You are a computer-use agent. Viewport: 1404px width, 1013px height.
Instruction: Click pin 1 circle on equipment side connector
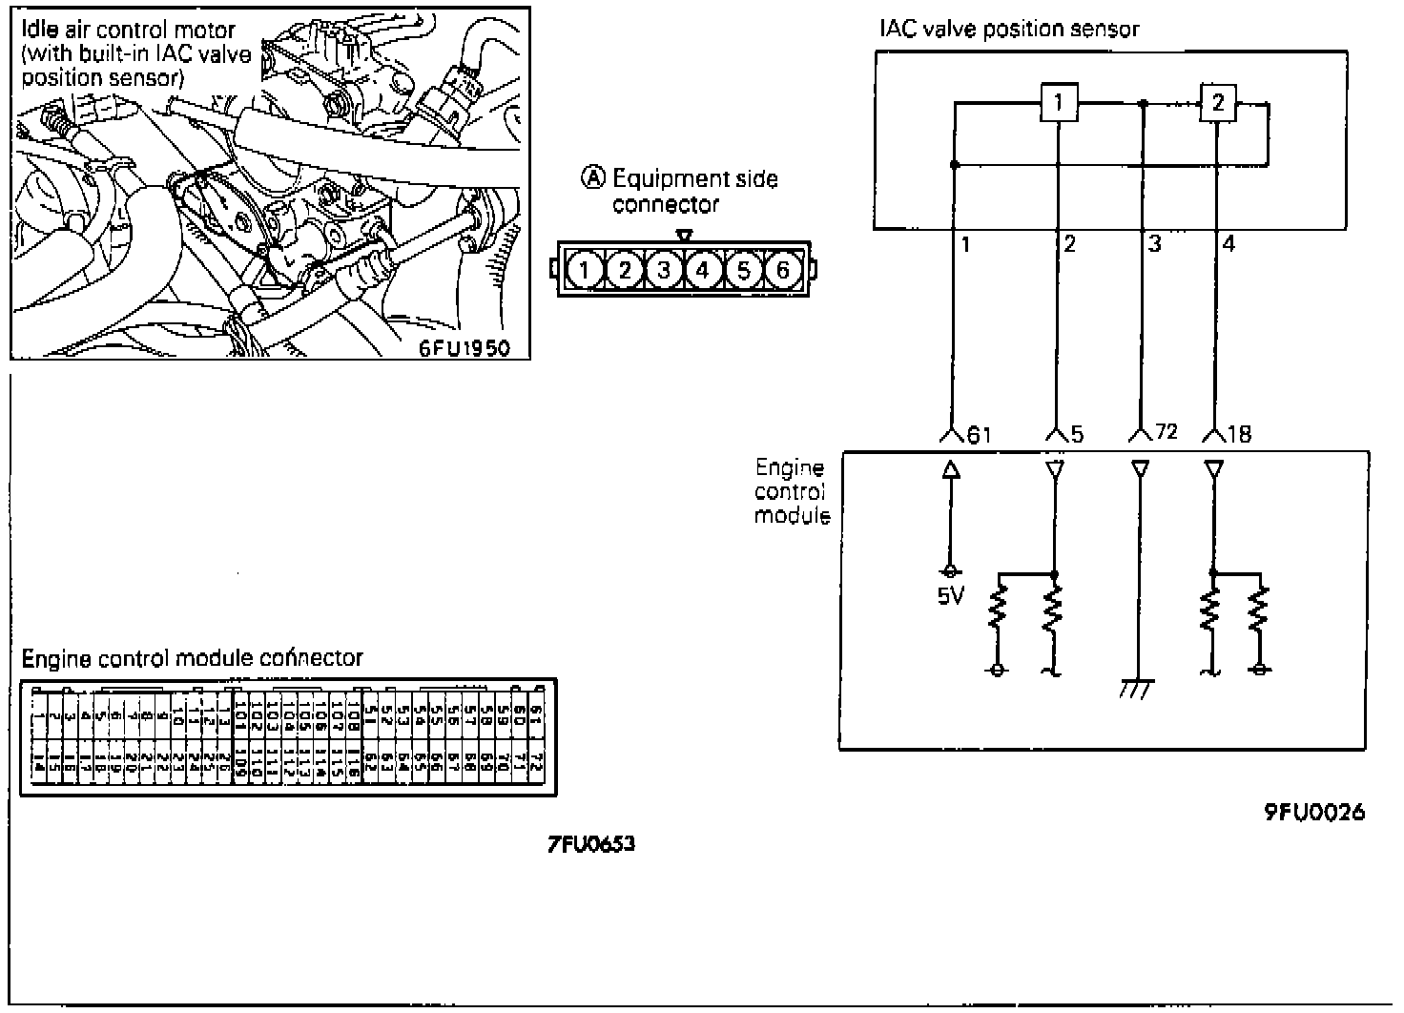(585, 271)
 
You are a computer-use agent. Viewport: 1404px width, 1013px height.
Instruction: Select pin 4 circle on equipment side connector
(703, 271)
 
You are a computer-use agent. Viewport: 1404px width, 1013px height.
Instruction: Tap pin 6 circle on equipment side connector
(782, 271)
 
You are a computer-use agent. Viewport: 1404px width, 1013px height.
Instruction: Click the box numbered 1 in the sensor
(1059, 101)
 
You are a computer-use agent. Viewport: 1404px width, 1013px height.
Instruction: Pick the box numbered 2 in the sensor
(1217, 101)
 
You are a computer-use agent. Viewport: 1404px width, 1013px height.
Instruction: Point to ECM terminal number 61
(980, 435)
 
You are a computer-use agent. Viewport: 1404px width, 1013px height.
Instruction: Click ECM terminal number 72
(1166, 433)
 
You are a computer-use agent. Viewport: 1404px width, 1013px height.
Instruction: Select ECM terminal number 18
(1239, 435)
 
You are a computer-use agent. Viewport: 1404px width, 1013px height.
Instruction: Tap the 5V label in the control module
(950, 597)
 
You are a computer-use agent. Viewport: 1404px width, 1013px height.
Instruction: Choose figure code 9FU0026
(1314, 813)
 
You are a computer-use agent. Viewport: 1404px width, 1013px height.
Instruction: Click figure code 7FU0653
(591, 844)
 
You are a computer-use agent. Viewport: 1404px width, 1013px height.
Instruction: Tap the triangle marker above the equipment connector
(683, 235)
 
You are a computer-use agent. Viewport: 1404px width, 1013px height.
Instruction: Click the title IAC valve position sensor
(1009, 29)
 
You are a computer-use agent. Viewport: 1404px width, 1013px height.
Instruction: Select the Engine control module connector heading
(192, 658)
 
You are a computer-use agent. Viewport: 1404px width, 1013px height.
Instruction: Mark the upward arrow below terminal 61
(950, 469)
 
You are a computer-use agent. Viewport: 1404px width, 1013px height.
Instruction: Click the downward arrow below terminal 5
(1054, 469)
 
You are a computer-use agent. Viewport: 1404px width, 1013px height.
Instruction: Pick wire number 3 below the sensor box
(1154, 244)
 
